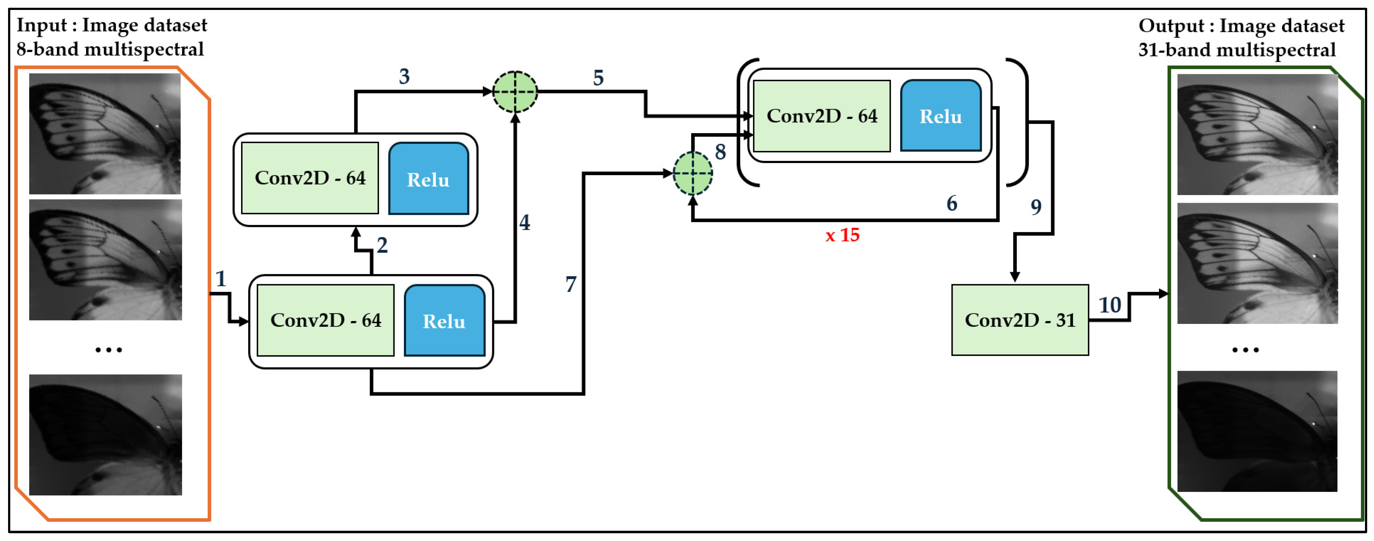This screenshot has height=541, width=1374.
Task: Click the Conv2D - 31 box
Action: point(1020,320)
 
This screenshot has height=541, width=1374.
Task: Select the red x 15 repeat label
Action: point(842,235)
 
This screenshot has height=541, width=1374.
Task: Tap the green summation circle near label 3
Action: point(515,92)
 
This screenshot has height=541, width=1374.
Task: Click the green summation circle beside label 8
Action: point(692,173)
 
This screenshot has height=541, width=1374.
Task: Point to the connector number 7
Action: point(571,284)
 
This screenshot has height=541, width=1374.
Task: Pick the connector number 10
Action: point(1110,305)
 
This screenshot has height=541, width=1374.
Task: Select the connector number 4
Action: point(525,222)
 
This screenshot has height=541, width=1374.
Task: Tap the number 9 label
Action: point(1036,207)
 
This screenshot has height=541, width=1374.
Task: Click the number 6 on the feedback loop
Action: point(951,203)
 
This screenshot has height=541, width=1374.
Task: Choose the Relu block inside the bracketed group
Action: point(940,116)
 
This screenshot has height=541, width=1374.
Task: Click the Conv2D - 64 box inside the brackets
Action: point(822,116)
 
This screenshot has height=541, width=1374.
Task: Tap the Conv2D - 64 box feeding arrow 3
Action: point(310,178)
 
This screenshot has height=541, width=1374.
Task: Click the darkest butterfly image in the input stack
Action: point(106,434)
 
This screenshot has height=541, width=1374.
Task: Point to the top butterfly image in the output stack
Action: point(1257,134)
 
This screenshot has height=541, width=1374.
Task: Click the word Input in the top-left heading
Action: point(42,25)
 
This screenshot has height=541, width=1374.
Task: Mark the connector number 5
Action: point(598,78)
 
